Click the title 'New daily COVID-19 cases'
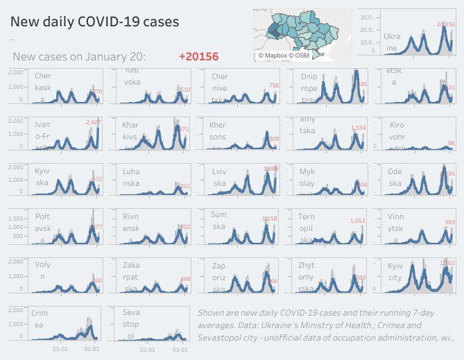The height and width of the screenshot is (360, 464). tap(95, 22)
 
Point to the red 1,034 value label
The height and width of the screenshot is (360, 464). tap(358, 128)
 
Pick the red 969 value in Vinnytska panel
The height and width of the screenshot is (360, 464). tap(450, 222)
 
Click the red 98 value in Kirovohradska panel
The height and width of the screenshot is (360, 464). tap(451, 144)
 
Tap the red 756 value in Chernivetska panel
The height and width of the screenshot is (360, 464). tap(274, 85)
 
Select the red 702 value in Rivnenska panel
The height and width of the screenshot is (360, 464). tap(184, 227)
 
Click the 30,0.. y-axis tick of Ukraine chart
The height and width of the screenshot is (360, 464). tap(368, 17)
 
